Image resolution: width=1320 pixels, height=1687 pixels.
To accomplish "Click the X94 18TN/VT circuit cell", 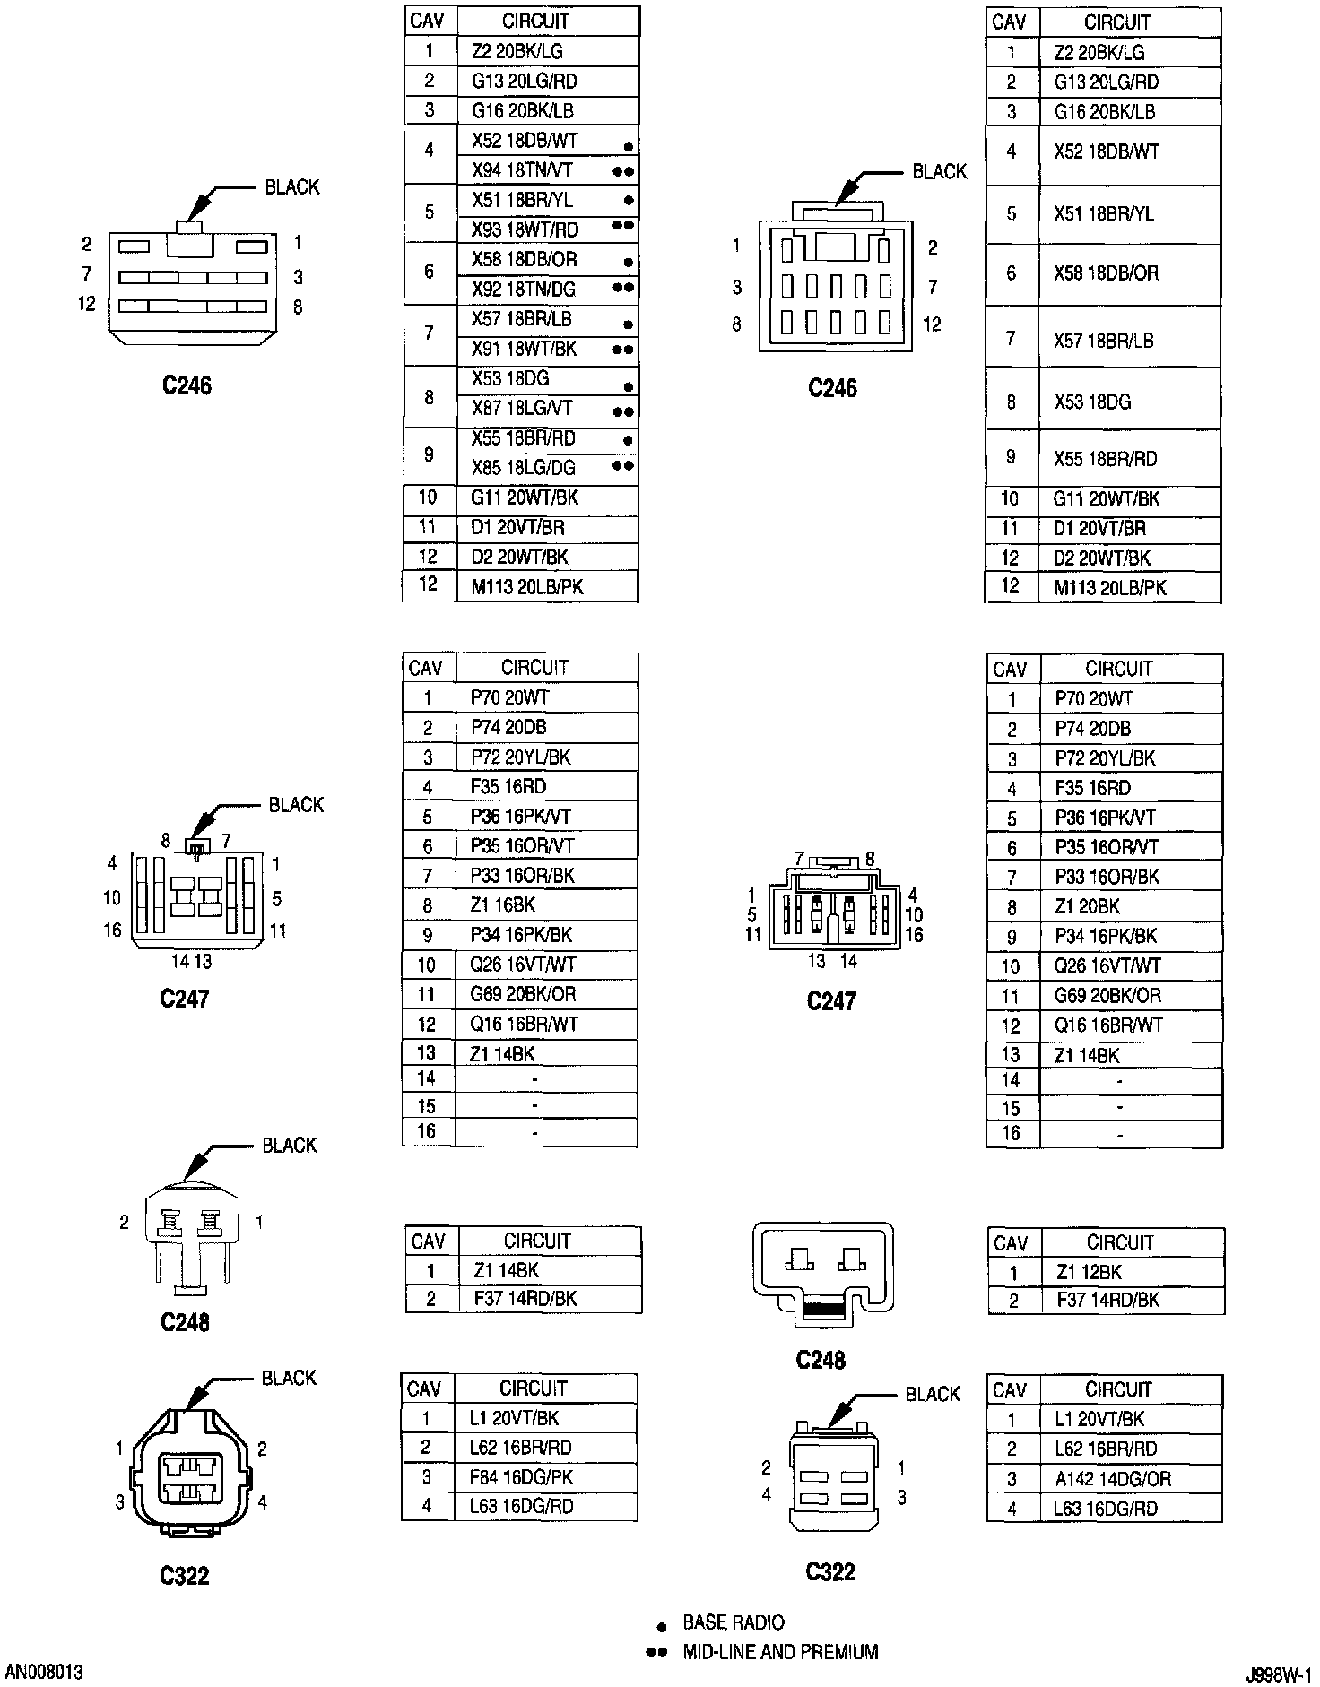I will tap(522, 170).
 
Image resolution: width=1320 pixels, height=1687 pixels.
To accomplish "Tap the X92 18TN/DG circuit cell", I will tap(523, 290).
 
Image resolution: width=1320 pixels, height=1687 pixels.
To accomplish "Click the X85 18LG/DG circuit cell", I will tap(523, 468).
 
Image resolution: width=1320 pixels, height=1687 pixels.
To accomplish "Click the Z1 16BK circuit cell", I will tap(502, 905).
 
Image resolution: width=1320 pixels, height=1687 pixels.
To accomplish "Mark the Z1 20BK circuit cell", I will tap(1087, 906).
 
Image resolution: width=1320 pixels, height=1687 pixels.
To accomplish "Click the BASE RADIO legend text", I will tap(733, 1622).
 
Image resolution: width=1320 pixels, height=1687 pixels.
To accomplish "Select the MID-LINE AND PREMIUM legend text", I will tap(780, 1652).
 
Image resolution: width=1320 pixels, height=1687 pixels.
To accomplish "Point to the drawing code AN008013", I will tap(44, 1673).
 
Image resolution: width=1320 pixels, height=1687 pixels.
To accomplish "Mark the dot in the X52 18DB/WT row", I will tap(629, 146).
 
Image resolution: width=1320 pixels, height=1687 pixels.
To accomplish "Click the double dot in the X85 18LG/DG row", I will tap(623, 466).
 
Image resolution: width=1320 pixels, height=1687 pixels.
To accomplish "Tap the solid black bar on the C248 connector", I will tap(828, 1309).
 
